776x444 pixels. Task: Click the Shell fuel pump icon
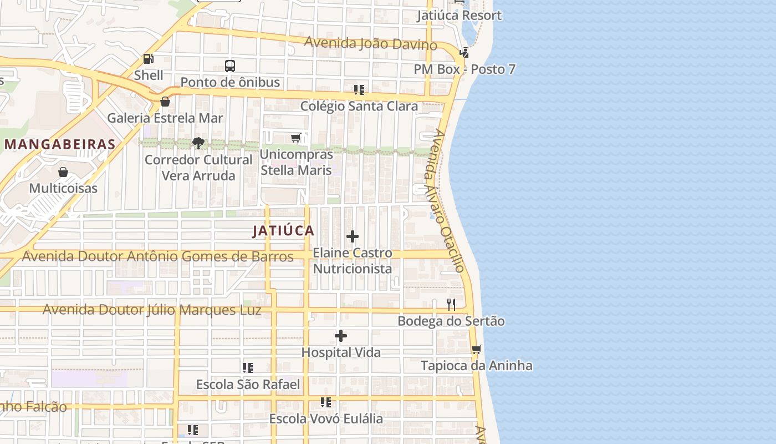coord(148,58)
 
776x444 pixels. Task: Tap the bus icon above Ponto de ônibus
coord(230,65)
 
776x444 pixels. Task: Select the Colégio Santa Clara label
coord(359,106)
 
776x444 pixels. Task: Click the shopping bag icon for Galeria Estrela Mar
coord(165,102)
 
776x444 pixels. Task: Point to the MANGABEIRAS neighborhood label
coord(60,145)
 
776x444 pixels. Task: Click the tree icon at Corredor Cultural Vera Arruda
coord(198,144)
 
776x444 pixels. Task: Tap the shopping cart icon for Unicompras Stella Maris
coord(296,138)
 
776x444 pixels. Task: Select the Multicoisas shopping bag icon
coord(63,172)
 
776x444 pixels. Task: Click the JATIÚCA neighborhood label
coord(283,231)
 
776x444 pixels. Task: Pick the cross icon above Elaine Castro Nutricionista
coord(352,237)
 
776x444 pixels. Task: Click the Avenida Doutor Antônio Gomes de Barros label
coord(157,256)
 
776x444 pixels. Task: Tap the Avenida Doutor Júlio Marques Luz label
coord(152,310)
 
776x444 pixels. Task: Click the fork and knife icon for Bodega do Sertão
coord(451,305)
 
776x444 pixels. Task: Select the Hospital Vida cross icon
coord(341,336)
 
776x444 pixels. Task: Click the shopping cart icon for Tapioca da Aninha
coord(476,350)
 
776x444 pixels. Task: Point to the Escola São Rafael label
coord(248,385)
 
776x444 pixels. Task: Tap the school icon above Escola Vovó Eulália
coord(326,402)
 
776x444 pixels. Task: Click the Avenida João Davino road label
coord(370,43)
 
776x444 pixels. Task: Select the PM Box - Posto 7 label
coord(464,69)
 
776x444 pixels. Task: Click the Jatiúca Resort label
coord(459,16)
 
